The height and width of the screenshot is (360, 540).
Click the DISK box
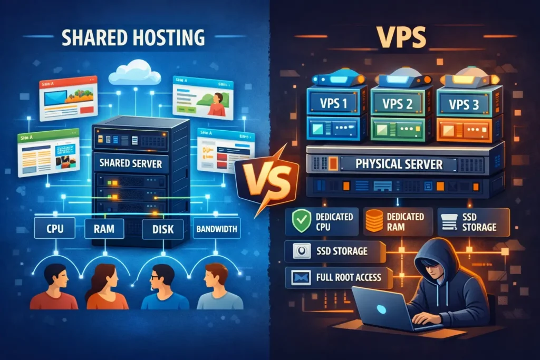pos(163,229)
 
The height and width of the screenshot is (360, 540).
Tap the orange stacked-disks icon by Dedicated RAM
pos(374,221)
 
